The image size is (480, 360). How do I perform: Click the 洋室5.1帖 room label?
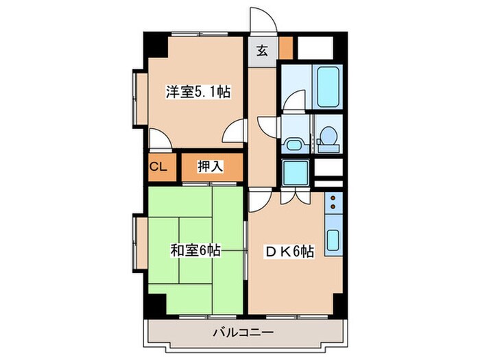coord(197,92)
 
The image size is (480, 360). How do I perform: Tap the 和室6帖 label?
coord(196,251)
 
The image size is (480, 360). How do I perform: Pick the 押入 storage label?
coord(211,166)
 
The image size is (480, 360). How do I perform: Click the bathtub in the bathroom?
coord(329,85)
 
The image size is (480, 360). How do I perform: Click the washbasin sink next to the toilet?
coord(295,144)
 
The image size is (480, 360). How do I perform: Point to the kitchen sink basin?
coord(333,241)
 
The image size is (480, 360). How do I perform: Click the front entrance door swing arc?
coord(263,21)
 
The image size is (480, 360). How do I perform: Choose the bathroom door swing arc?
coord(294,101)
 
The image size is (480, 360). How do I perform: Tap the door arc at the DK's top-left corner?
coord(259,200)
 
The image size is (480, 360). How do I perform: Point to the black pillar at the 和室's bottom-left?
coord(156,302)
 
